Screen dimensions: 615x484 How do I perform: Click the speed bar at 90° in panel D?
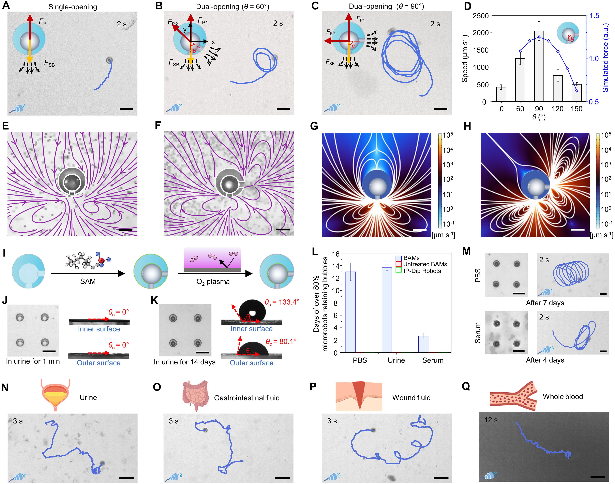[x=539, y=66]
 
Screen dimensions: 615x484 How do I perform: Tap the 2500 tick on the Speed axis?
[x=481, y=16]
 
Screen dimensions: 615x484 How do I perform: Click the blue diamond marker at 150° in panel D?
[x=576, y=91]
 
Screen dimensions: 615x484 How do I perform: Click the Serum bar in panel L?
[x=423, y=344]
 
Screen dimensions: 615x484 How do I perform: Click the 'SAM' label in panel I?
[x=88, y=281]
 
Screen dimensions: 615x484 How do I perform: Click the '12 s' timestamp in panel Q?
[x=491, y=420]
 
